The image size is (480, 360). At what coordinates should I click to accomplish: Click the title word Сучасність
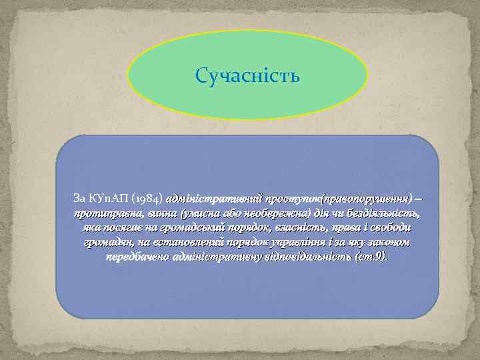pos(248,75)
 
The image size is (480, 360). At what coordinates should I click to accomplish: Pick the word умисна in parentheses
pos(197,213)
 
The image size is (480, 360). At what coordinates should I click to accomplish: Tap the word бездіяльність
pos(383,213)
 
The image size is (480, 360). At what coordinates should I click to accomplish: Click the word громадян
pos(111,243)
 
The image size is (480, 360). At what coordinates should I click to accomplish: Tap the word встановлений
pos(189,243)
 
